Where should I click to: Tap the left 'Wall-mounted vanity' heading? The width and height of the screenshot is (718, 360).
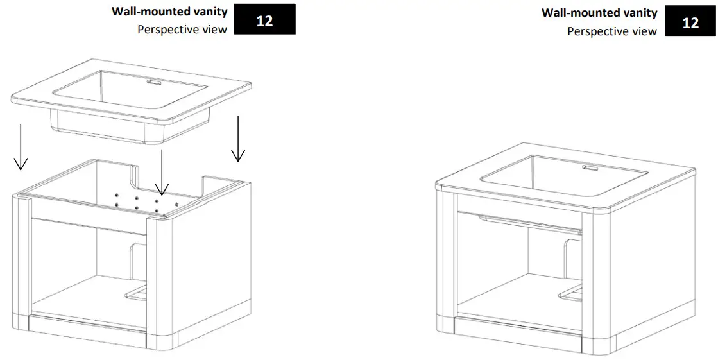tap(169, 12)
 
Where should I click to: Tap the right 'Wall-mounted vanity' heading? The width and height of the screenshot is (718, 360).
tap(599, 13)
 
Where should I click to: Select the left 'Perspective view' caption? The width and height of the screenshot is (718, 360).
tap(182, 30)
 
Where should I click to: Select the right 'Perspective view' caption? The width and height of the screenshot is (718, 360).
tap(612, 31)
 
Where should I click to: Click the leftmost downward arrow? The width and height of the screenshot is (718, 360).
tap(21, 147)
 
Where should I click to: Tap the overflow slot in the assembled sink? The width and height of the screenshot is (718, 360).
tap(589, 168)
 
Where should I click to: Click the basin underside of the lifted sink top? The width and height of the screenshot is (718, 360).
tap(128, 125)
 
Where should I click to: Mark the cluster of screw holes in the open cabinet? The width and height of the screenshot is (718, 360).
tap(137, 201)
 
